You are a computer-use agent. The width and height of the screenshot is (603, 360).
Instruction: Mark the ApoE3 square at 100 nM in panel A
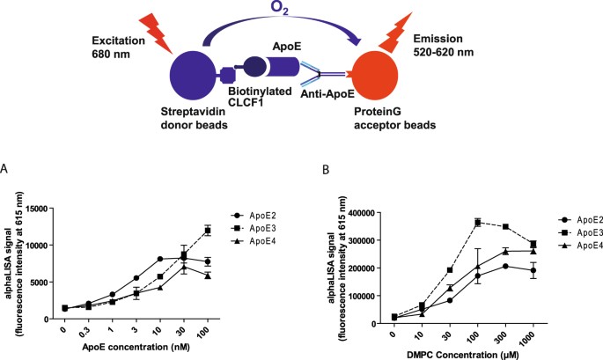(208, 231)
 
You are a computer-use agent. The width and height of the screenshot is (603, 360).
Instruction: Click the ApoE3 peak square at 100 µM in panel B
(478, 223)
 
